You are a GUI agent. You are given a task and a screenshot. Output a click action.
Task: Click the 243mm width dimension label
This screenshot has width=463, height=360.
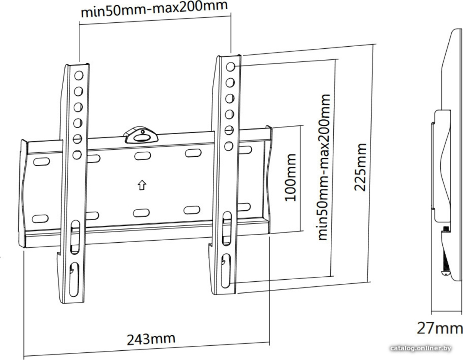[x=151, y=339]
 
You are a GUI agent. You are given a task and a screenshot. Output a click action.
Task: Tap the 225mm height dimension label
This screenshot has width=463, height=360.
[x=360, y=167]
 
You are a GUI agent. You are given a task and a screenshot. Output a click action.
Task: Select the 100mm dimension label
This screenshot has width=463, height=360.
[x=290, y=177]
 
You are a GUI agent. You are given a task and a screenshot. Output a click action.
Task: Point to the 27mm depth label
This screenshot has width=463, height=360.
[x=439, y=328]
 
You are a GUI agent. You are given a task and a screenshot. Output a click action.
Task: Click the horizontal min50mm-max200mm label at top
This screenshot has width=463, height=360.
[x=154, y=9]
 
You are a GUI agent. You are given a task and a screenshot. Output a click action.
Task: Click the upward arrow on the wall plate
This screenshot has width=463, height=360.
[x=142, y=185]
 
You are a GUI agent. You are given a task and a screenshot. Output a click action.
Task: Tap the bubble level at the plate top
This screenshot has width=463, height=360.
[x=141, y=135]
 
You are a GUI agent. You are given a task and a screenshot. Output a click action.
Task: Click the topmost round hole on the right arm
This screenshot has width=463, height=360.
[x=230, y=67]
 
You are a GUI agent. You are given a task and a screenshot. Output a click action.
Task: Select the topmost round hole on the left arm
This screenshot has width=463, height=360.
[x=79, y=76]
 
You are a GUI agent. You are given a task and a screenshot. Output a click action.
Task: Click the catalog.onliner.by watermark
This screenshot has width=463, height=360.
[x=420, y=349]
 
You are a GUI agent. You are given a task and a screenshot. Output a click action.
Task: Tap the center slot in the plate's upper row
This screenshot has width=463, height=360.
[x=143, y=156]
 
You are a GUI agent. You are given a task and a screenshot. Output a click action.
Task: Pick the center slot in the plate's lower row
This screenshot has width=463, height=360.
[x=141, y=213]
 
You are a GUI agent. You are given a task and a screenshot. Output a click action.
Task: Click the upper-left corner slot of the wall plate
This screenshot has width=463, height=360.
[x=41, y=161]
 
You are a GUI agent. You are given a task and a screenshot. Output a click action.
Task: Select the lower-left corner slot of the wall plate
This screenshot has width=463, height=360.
[x=40, y=219]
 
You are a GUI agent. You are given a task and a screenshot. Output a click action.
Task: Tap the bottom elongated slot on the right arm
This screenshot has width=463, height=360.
[x=226, y=270]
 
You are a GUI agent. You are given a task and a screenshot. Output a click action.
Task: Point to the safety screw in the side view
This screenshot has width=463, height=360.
[x=445, y=251]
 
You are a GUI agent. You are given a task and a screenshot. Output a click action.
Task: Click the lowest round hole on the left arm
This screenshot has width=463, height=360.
[x=77, y=155]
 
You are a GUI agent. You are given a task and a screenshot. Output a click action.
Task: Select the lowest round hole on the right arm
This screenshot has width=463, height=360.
[x=229, y=146]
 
